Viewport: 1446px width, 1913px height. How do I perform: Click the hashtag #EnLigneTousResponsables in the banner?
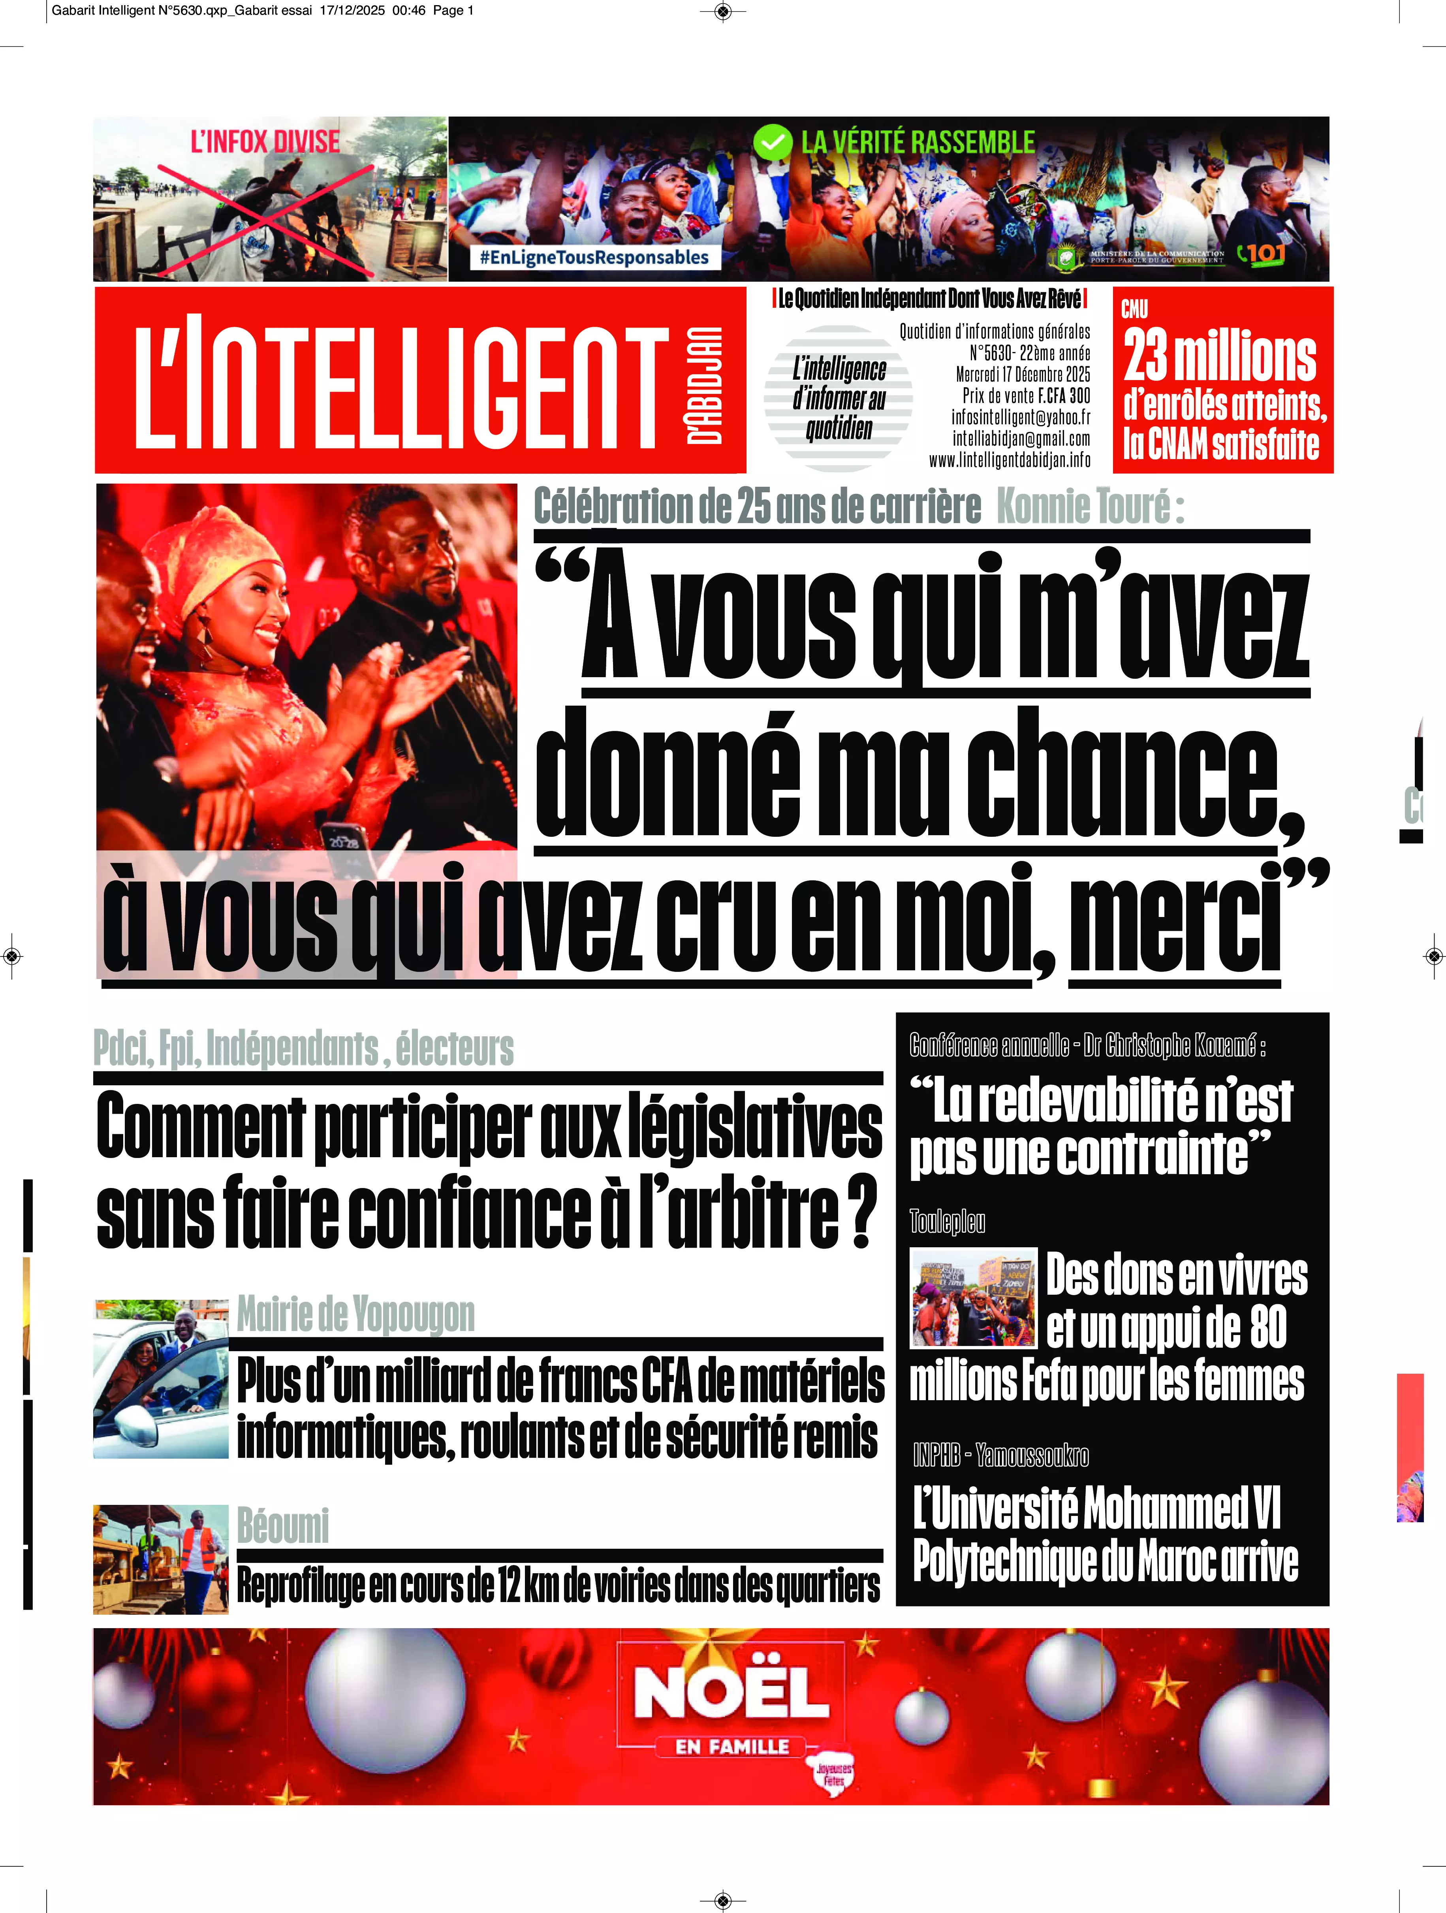coord(594,257)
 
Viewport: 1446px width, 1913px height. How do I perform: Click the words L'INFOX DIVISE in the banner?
coord(265,142)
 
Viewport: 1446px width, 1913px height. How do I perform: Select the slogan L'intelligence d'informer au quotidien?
coord(839,399)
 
